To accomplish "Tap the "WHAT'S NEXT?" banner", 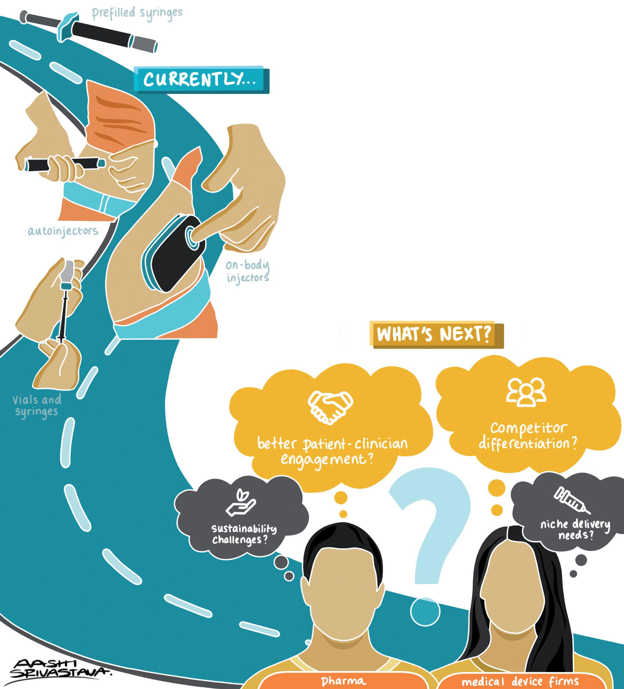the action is [434, 335].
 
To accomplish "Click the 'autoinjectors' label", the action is [63, 232].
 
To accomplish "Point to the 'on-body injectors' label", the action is [247, 272].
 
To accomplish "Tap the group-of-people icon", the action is [526, 392].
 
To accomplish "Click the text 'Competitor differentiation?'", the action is [528, 436].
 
